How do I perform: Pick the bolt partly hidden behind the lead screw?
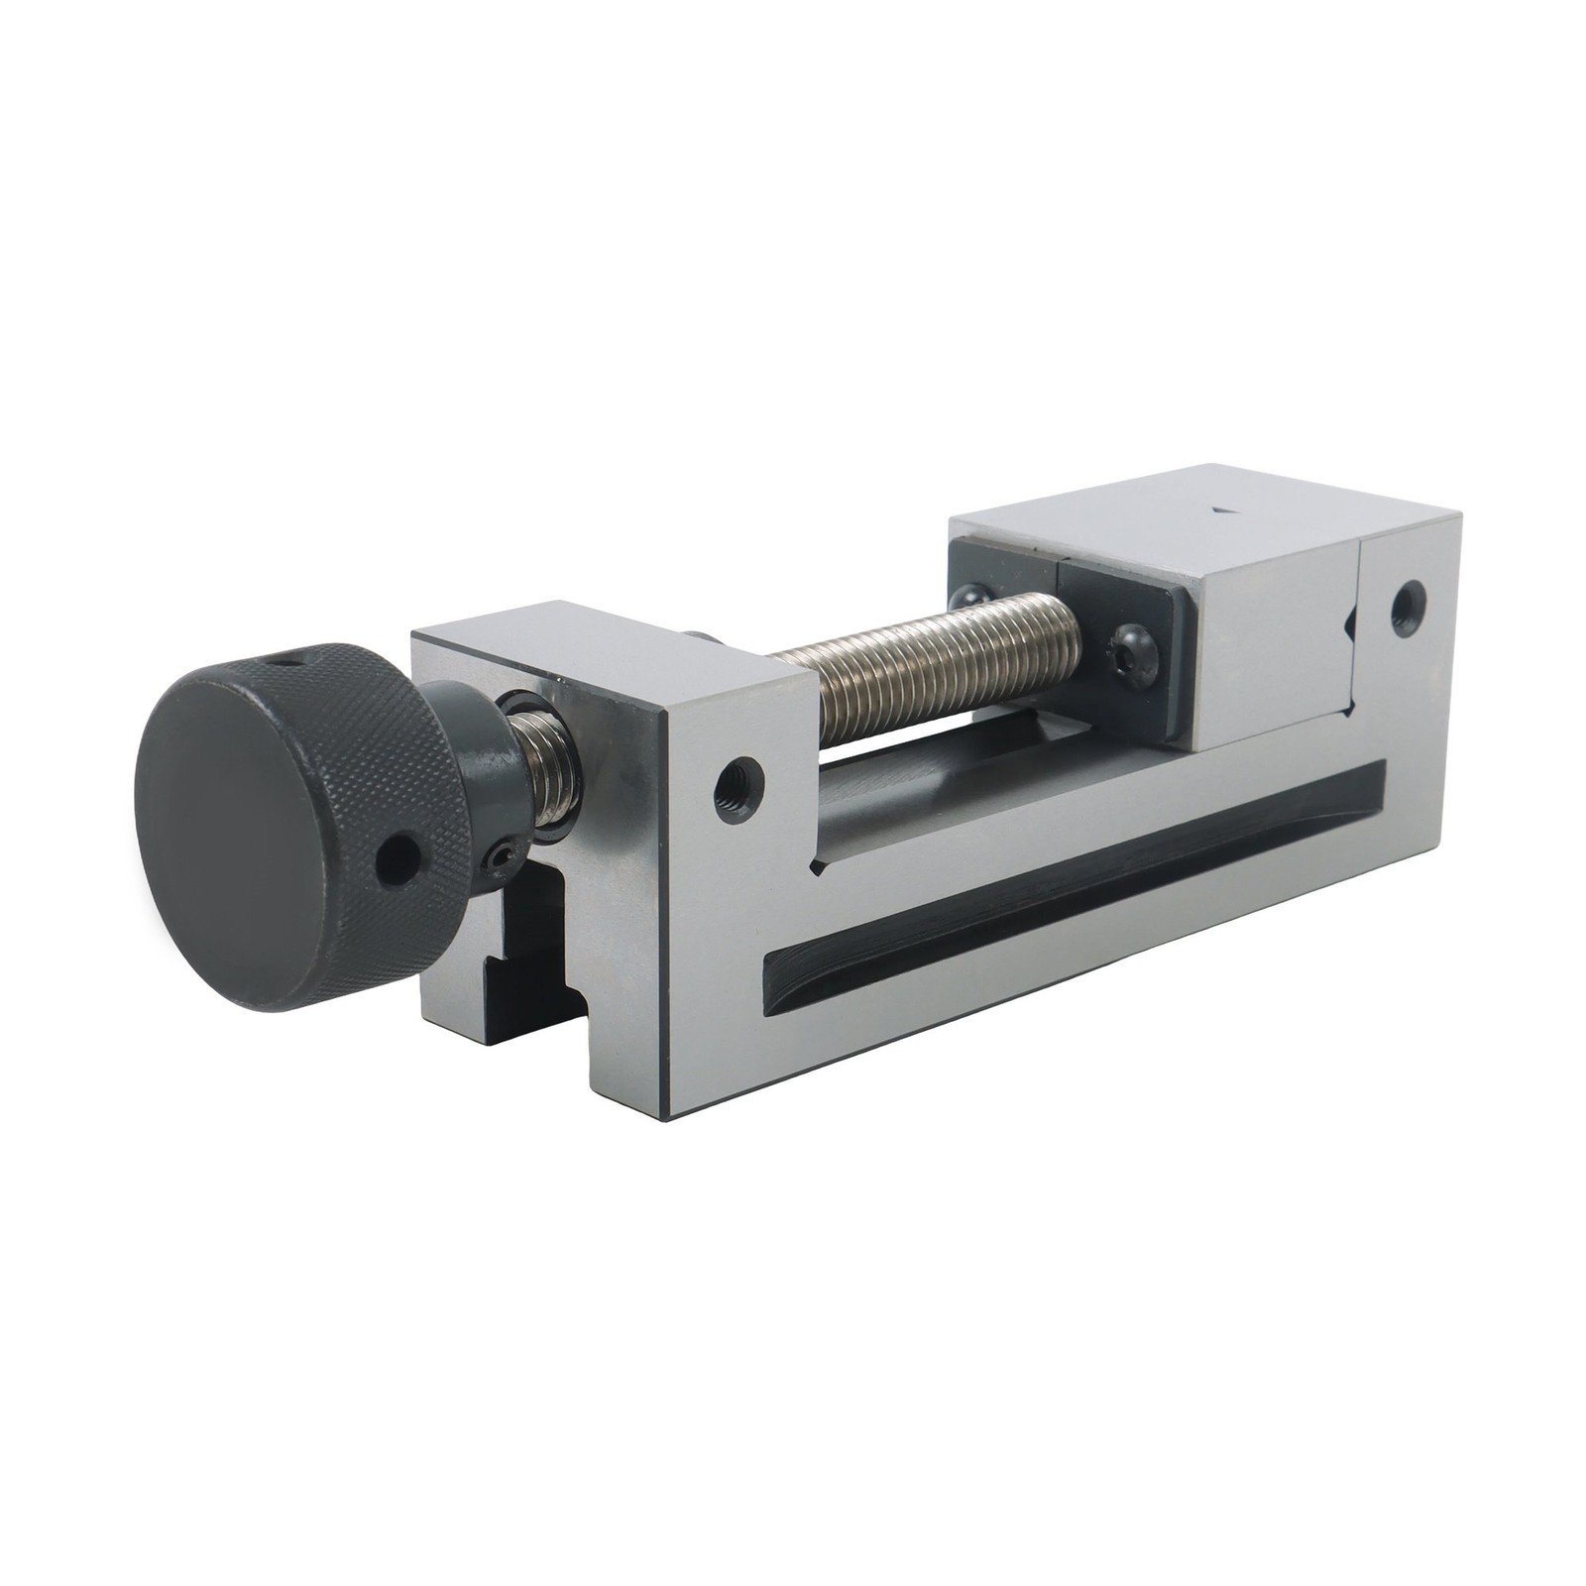tap(969, 599)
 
